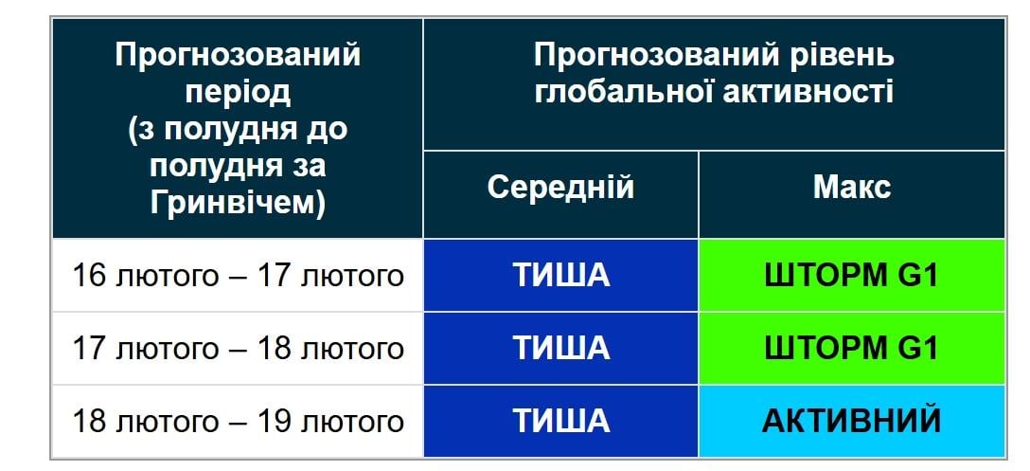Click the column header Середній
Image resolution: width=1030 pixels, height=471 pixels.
(x=560, y=187)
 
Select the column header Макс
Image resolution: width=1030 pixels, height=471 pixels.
(x=851, y=187)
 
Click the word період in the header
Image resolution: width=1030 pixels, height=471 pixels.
(x=238, y=92)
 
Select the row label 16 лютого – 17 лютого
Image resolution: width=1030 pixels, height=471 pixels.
(x=238, y=276)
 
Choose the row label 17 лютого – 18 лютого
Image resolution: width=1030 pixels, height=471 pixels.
(x=238, y=348)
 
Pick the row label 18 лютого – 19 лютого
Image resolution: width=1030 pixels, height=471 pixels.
(x=238, y=420)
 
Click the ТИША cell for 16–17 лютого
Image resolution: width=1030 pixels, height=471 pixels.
(x=560, y=276)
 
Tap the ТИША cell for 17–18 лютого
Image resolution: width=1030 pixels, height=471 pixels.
(x=560, y=348)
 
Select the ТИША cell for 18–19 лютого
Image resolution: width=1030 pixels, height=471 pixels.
(x=560, y=420)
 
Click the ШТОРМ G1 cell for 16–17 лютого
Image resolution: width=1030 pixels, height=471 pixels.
(x=851, y=276)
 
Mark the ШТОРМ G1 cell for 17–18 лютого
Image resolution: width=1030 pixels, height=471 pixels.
(x=851, y=348)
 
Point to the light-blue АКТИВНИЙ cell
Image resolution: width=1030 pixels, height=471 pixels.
(x=851, y=420)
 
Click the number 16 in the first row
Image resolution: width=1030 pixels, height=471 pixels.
(x=89, y=276)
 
